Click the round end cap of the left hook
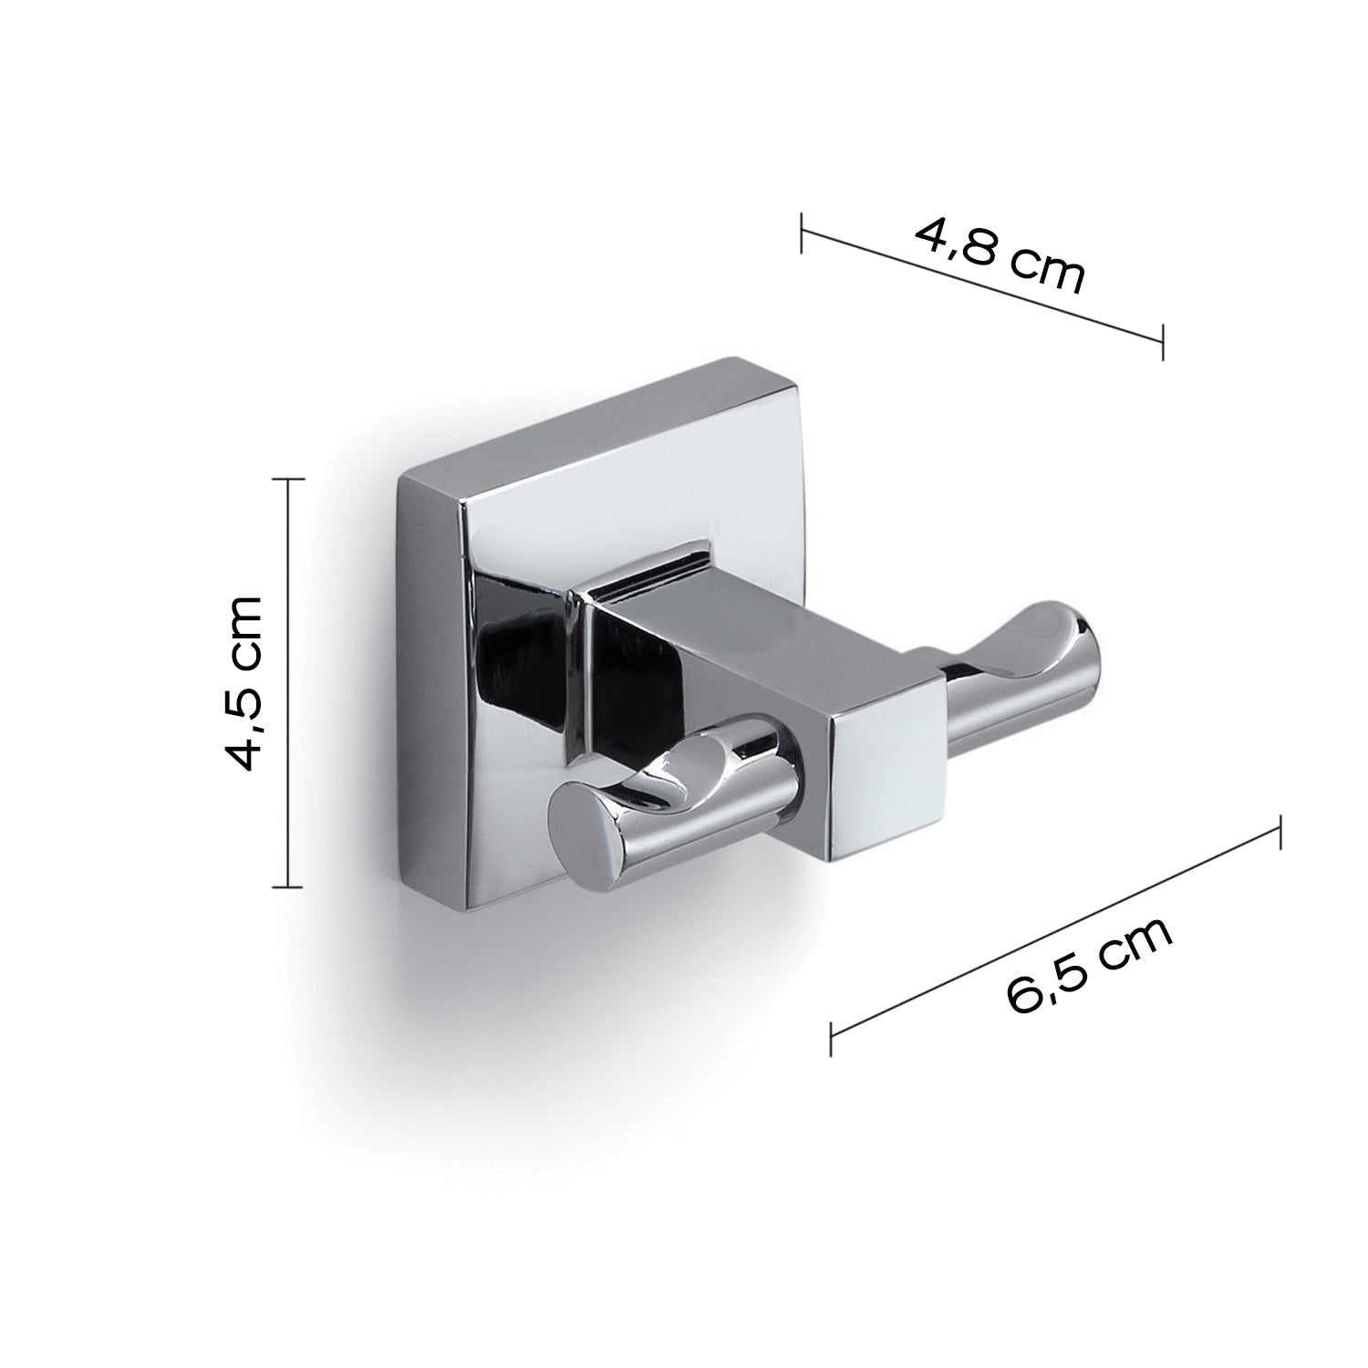click(x=584, y=838)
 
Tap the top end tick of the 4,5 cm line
click(x=288, y=478)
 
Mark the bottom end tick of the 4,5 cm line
click(x=288, y=886)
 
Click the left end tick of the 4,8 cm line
click(x=802, y=233)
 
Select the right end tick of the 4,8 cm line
click(x=1163, y=340)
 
